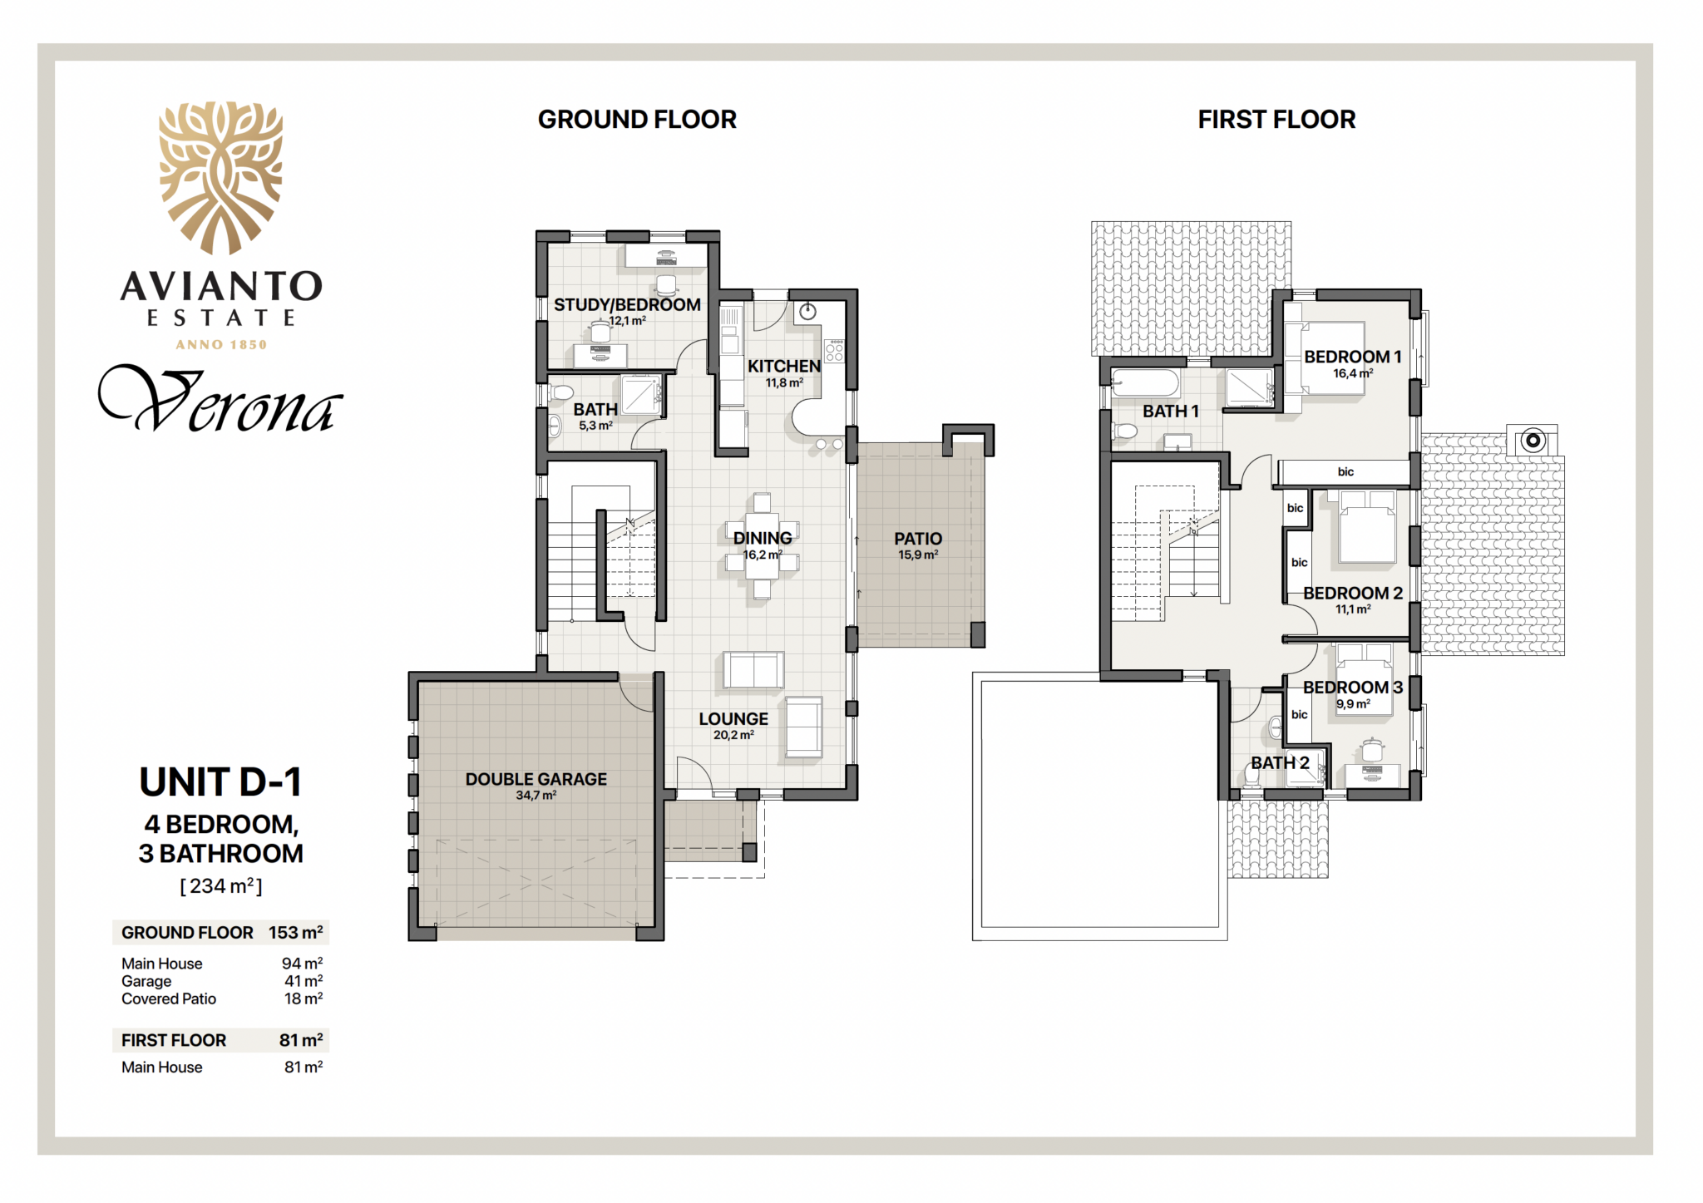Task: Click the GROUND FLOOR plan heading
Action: [637, 120]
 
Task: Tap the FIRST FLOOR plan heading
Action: [1276, 120]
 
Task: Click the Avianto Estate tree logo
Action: [221, 177]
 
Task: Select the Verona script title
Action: [220, 401]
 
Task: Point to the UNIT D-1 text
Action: [220, 782]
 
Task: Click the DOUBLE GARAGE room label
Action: [536, 779]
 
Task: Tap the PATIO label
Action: [918, 539]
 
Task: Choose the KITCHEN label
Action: [783, 367]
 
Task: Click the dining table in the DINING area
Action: [763, 545]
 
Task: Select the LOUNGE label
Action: [733, 719]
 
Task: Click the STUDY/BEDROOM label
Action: [627, 305]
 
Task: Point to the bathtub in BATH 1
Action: [1145, 383]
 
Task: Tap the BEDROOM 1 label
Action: [1353, 357]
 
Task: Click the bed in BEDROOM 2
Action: [1367, 527]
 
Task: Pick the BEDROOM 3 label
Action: [1353, 688]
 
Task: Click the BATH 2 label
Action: [1281, 763]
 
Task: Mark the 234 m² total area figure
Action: [221, 886]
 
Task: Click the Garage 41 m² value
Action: [304, 981]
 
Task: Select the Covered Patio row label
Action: [169, 998]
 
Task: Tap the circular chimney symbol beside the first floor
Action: [1533, 441]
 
